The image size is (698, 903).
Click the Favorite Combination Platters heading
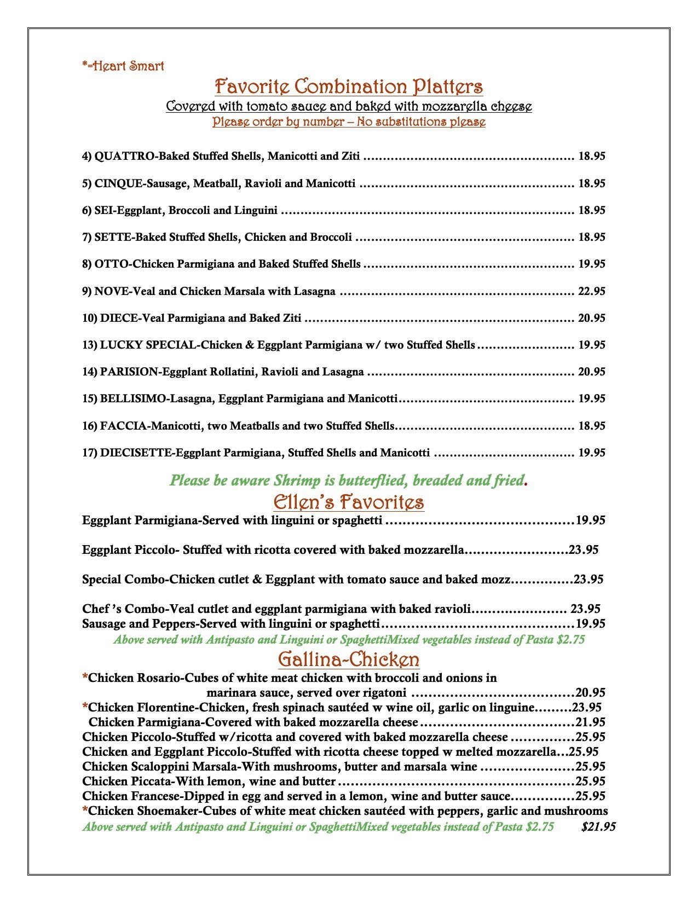coord(349,86)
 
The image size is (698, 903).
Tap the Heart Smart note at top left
coord(123,66)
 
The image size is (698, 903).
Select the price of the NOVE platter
coord(591,291)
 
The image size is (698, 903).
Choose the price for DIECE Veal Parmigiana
coord(591,318)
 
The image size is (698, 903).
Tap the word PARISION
coord(129,372)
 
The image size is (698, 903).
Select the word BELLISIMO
coord(132,398)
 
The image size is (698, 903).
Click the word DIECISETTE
coord(137,453)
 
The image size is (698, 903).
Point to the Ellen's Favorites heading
coord(349,501)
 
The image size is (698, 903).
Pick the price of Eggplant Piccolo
coord(584,549)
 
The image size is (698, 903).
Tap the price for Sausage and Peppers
coord(590,623)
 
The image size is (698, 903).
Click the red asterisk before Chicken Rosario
coord(85,678)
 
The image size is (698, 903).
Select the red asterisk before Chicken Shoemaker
coord(85,811)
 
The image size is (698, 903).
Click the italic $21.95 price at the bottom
coord(598,826)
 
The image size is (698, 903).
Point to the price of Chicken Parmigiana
coord(590,722)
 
